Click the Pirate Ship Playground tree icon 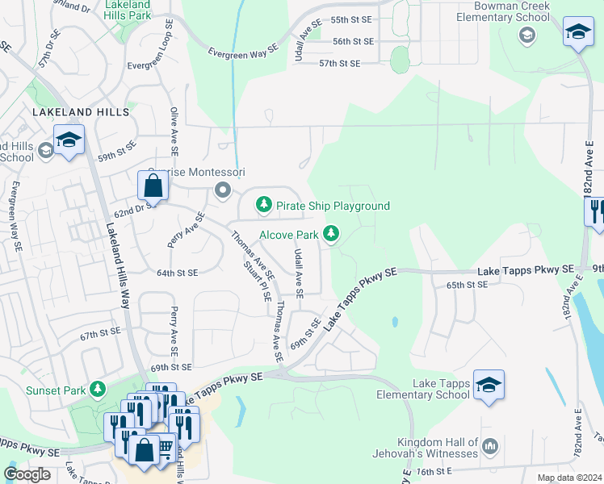264,206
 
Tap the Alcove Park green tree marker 330,235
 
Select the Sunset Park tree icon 98,390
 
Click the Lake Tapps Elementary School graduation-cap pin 489,384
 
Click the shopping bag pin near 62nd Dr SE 153,186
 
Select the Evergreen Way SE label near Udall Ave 243,49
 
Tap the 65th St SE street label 468,285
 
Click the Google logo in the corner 27,474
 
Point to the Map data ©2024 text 568,478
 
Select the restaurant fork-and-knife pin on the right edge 596,211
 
